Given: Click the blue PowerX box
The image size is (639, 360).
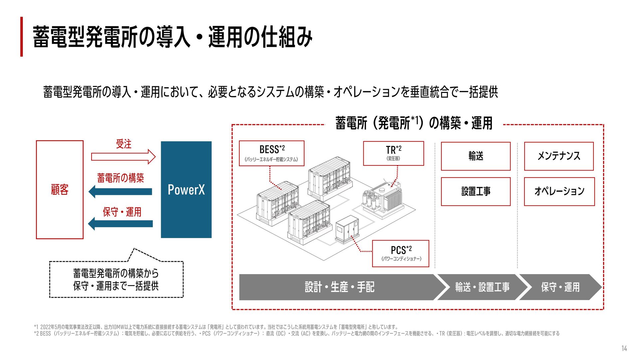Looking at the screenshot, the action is click(186, 189).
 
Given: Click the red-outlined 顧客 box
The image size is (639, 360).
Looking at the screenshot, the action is click(60, 189).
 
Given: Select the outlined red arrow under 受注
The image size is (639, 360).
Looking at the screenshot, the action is click(123, 157).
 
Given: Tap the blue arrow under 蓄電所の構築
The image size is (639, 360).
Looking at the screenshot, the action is click(120, 191).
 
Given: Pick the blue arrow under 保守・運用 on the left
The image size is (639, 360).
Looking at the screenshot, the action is click(120, 223).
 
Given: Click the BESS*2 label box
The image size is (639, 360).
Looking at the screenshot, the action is click(272, 153).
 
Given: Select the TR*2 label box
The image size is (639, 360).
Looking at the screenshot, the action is click(393, 153).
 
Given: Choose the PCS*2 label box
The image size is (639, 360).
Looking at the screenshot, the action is click(401, 253).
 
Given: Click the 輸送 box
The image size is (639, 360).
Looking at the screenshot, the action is click(476, 156).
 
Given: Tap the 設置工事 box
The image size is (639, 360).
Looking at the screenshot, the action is click(476, 191).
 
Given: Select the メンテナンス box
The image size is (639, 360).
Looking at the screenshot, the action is click(559, 156).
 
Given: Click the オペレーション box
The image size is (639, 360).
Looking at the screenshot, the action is click(559, 191).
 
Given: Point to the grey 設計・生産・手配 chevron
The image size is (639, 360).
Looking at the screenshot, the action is click(339, 287).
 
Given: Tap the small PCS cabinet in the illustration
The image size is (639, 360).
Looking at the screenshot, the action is click(347, 229).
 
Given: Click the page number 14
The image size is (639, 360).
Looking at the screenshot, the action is click(624, 348).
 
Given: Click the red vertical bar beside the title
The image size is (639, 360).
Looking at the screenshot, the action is click(22, 37).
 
